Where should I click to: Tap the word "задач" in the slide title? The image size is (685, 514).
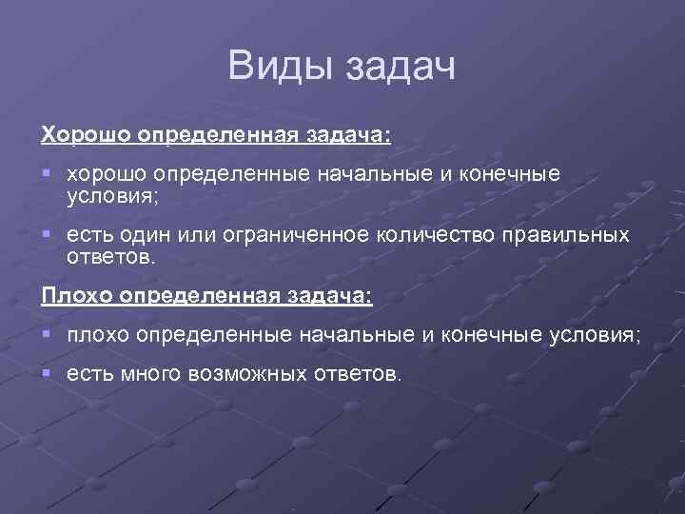[398, 68]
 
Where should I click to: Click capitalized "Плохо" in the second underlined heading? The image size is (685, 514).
[77, 295]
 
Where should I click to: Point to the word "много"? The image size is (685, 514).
[151, 374]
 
